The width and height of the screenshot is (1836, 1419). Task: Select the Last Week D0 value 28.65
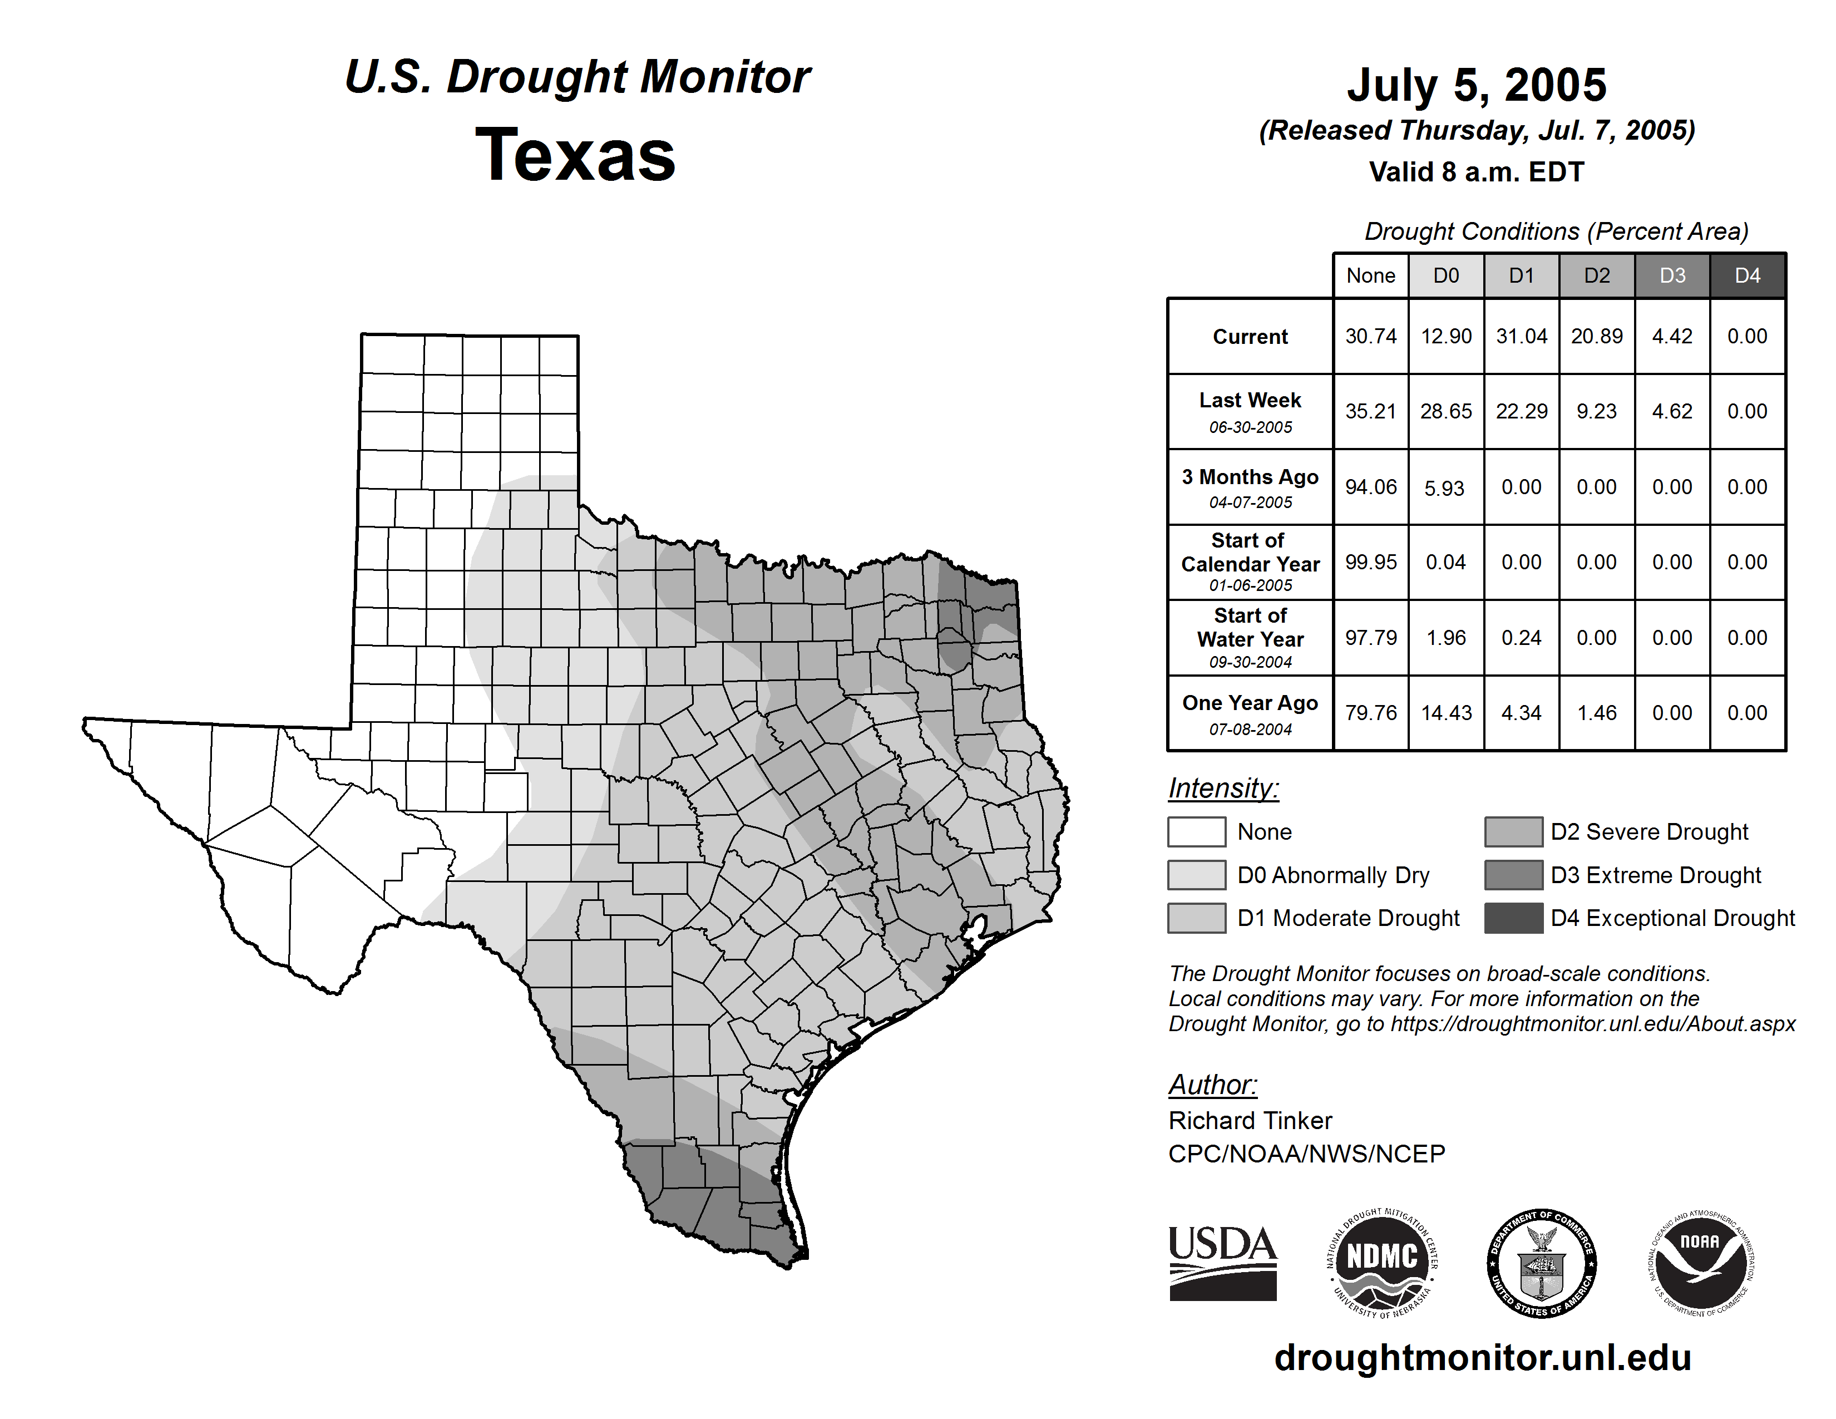(1446, 411)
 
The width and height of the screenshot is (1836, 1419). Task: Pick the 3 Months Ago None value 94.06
(1370, 487)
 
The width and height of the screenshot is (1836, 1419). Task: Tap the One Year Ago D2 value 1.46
(1596, 713)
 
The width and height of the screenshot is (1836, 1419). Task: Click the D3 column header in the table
(1672, 275)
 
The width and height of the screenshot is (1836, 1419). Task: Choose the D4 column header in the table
(1747, 275)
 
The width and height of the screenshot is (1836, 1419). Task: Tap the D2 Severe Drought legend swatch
(1513, 831)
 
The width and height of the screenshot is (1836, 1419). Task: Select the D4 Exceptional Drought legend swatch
(1513, 918)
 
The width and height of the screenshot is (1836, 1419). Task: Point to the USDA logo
(1222, 1263)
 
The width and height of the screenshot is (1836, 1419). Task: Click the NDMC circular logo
(1382, 1263)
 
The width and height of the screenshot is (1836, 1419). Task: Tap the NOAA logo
(1701, 1263)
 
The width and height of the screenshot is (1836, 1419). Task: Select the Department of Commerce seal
(1542, 1263)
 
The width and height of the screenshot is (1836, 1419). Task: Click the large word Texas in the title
(575, 155)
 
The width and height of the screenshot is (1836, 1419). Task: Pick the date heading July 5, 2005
(1476, 86)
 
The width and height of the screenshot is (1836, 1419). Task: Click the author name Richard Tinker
(1250, 1121)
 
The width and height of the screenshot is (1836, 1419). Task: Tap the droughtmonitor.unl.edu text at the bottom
(1483, 1358)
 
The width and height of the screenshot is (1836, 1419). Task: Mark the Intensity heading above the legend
(1223, 789)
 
